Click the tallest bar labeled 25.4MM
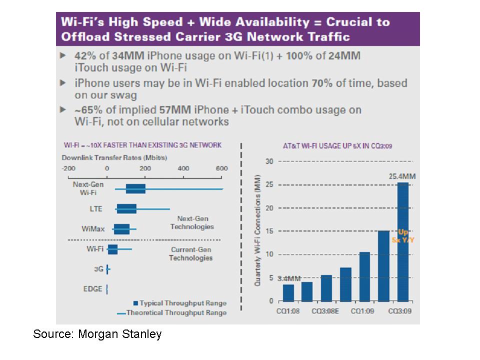click(x=403, y=242)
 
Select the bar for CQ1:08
click(x=288, y=293)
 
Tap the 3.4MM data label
click(x=289, y=278)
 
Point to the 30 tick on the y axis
click(x=269, y=161)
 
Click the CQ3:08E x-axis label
click(x=325, y=311)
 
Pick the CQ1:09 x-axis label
click(x=362, y=311)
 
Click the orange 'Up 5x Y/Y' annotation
click(x=403, y=236)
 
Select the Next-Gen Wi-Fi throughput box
click(x=135, y=189)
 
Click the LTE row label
click(x=96, y=209)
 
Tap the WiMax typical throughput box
click(x=121, y=229)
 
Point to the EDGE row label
click(x=93, y=288)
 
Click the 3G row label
click(x=98, y=269)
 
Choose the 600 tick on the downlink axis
click(x=221, y=168)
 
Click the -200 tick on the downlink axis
click(x=68, y=168)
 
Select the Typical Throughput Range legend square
click(x=135, y=303)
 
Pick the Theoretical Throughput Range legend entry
click(x=172, y=313)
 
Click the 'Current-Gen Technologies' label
click(x=190, y=254)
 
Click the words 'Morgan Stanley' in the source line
click(x=119, y=334)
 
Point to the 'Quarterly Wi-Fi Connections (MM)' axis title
click(x=257, y=230)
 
